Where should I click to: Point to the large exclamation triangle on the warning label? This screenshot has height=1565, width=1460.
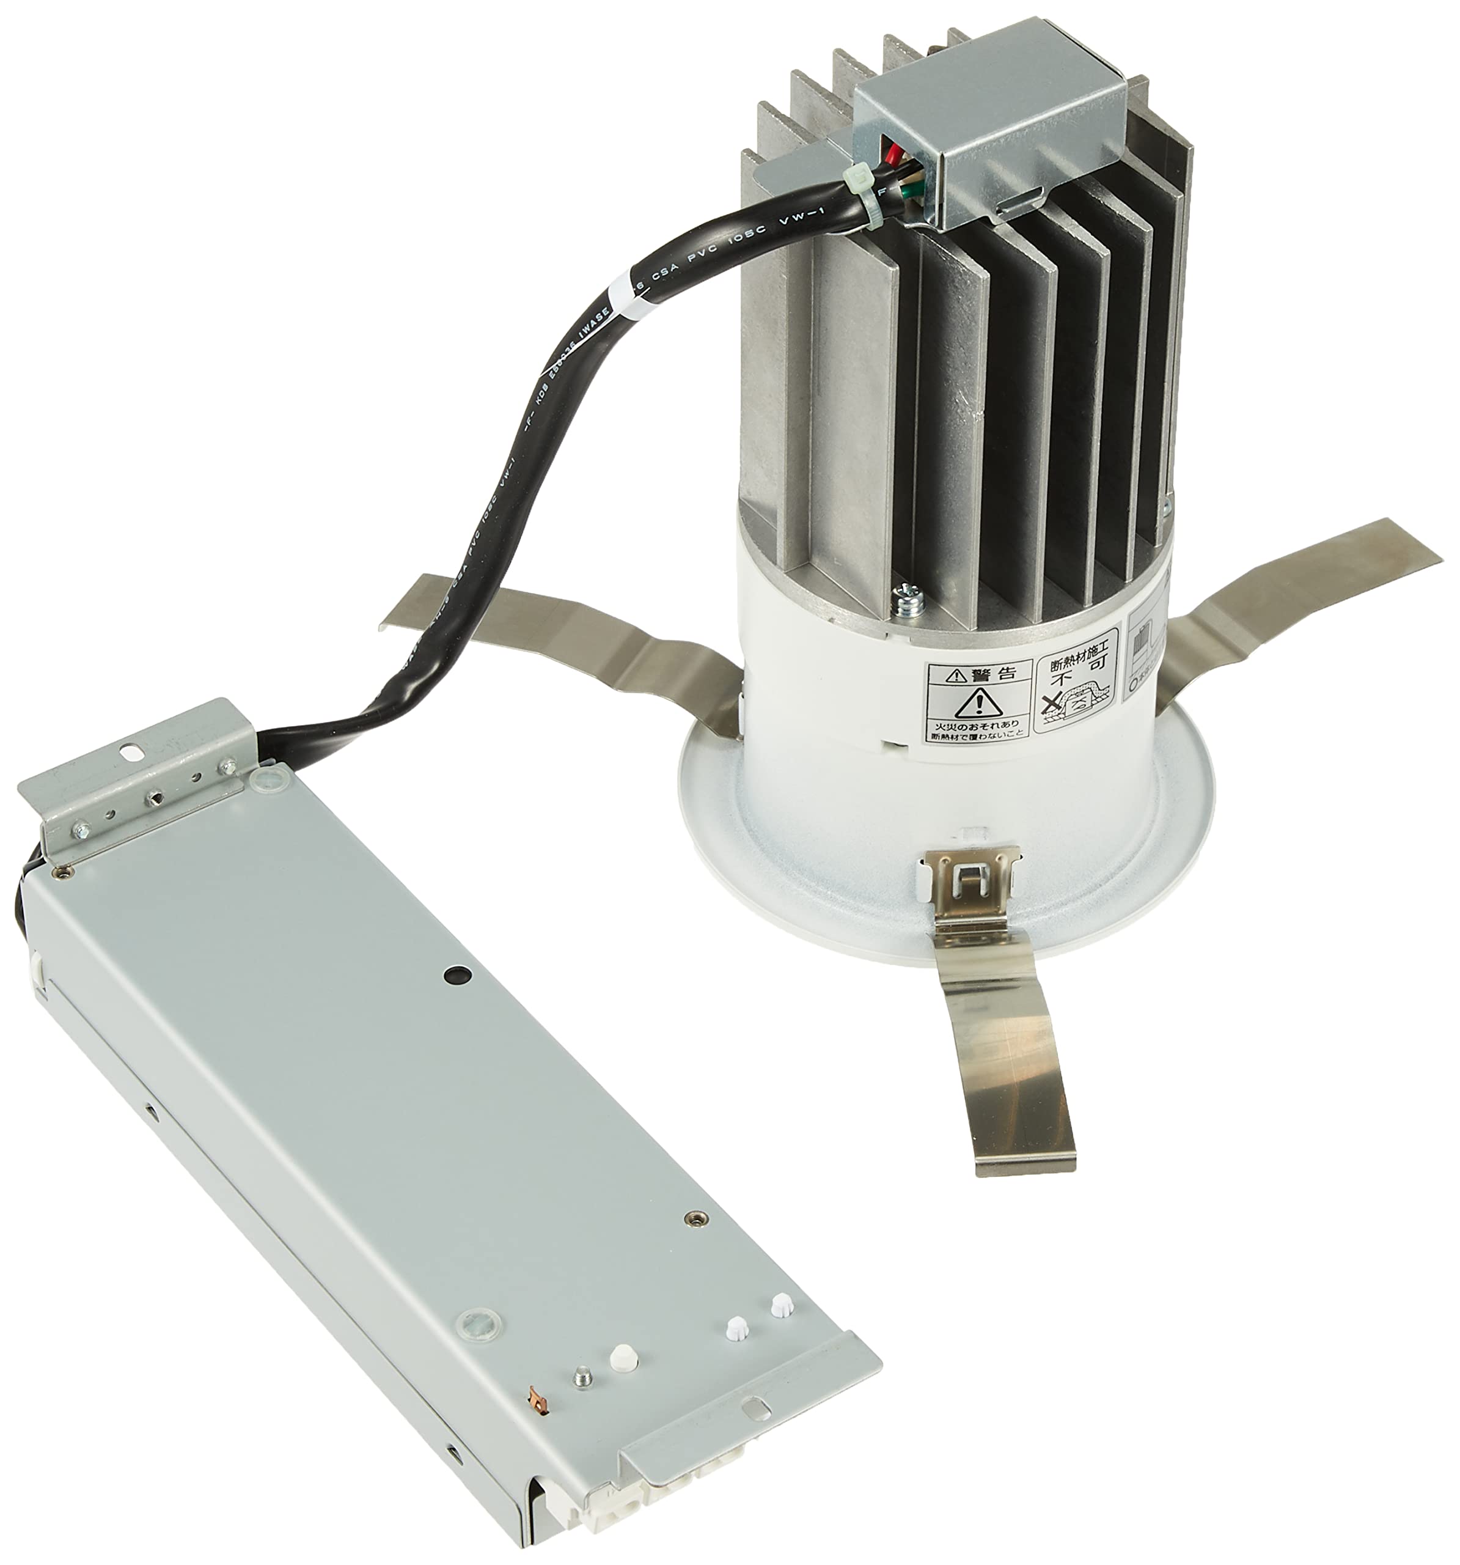[x=978, y=700]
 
